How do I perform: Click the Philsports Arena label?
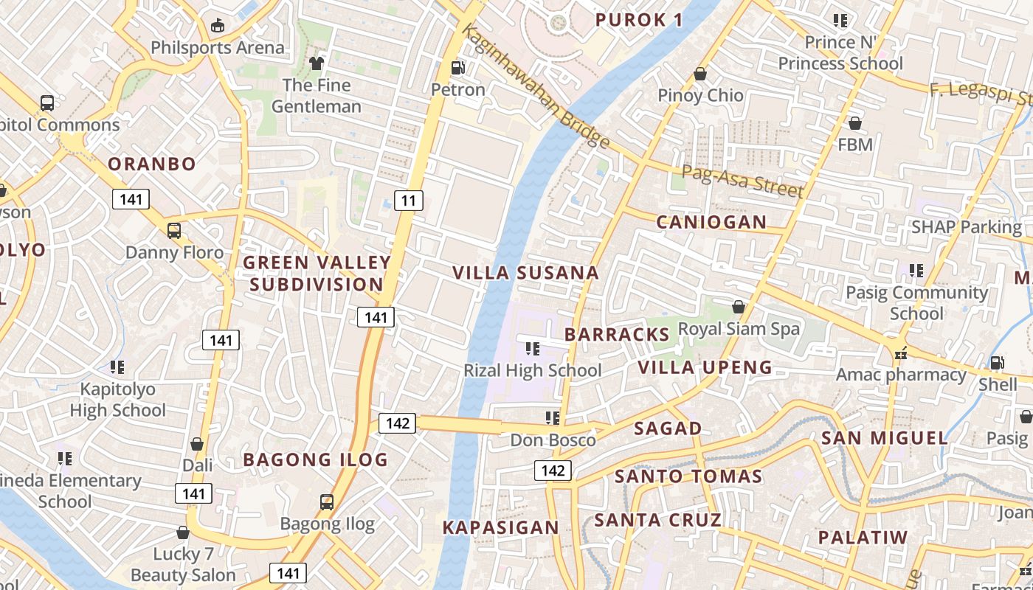point(217,48)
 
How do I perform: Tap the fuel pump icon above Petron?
point(458,68)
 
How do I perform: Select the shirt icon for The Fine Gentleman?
point(317,63)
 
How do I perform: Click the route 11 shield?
point(408,200)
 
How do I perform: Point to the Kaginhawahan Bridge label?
point(536,86)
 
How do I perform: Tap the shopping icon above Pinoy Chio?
point(700,74)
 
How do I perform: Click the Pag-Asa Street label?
point(742,181)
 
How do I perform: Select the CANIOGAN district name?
point(711,222)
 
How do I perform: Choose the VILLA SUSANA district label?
point(525,273)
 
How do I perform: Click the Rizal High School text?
point(533,370)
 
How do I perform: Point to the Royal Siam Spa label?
point(739,328)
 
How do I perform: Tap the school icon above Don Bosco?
point(553,418)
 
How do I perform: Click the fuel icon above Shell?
point(998,363)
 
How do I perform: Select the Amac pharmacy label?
point(901,375)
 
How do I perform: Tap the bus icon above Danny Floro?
point(174,231)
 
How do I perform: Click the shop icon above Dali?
point(197,444)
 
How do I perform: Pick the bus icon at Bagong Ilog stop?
point(327,502)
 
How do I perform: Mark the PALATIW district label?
point(863,537)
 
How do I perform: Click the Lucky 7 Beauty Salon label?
point(184,564)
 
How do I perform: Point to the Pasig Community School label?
point(916,303)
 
